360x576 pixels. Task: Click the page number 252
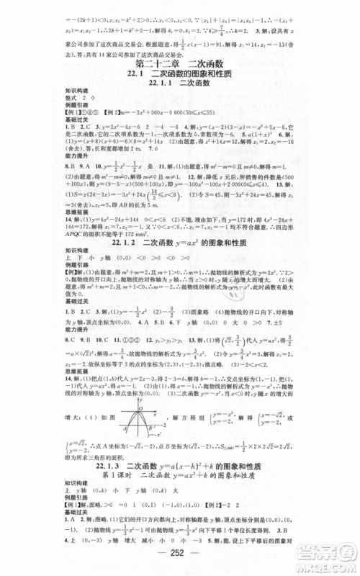(x=179, y=561)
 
